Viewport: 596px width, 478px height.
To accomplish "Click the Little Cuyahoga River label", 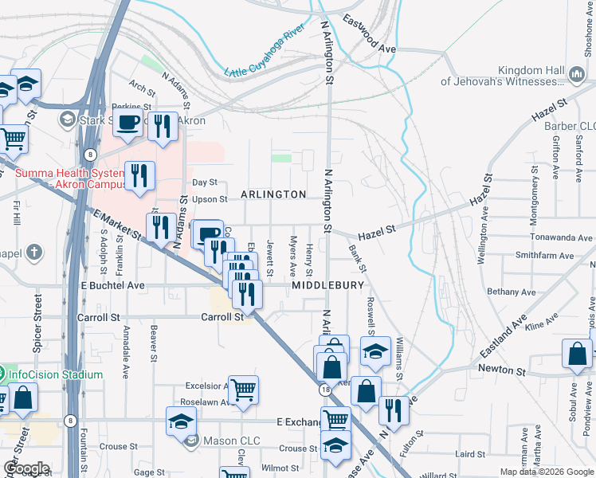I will [265, 53].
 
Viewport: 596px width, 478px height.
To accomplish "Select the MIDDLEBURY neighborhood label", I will [327, 284].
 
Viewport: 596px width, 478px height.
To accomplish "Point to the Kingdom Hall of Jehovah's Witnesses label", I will [502, 76].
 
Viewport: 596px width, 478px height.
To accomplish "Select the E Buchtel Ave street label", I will [112, 284].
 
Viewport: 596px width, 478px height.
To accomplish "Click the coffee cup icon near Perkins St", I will [128, 123].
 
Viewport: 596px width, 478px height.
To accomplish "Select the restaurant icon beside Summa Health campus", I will [139, 175].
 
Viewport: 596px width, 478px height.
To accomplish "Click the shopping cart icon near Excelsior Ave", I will [244, 390].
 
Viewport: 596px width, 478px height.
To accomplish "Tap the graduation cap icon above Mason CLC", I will [182, 421].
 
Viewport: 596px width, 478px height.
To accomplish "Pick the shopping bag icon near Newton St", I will [577, 354].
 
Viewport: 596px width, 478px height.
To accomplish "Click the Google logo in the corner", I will [26, 468].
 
